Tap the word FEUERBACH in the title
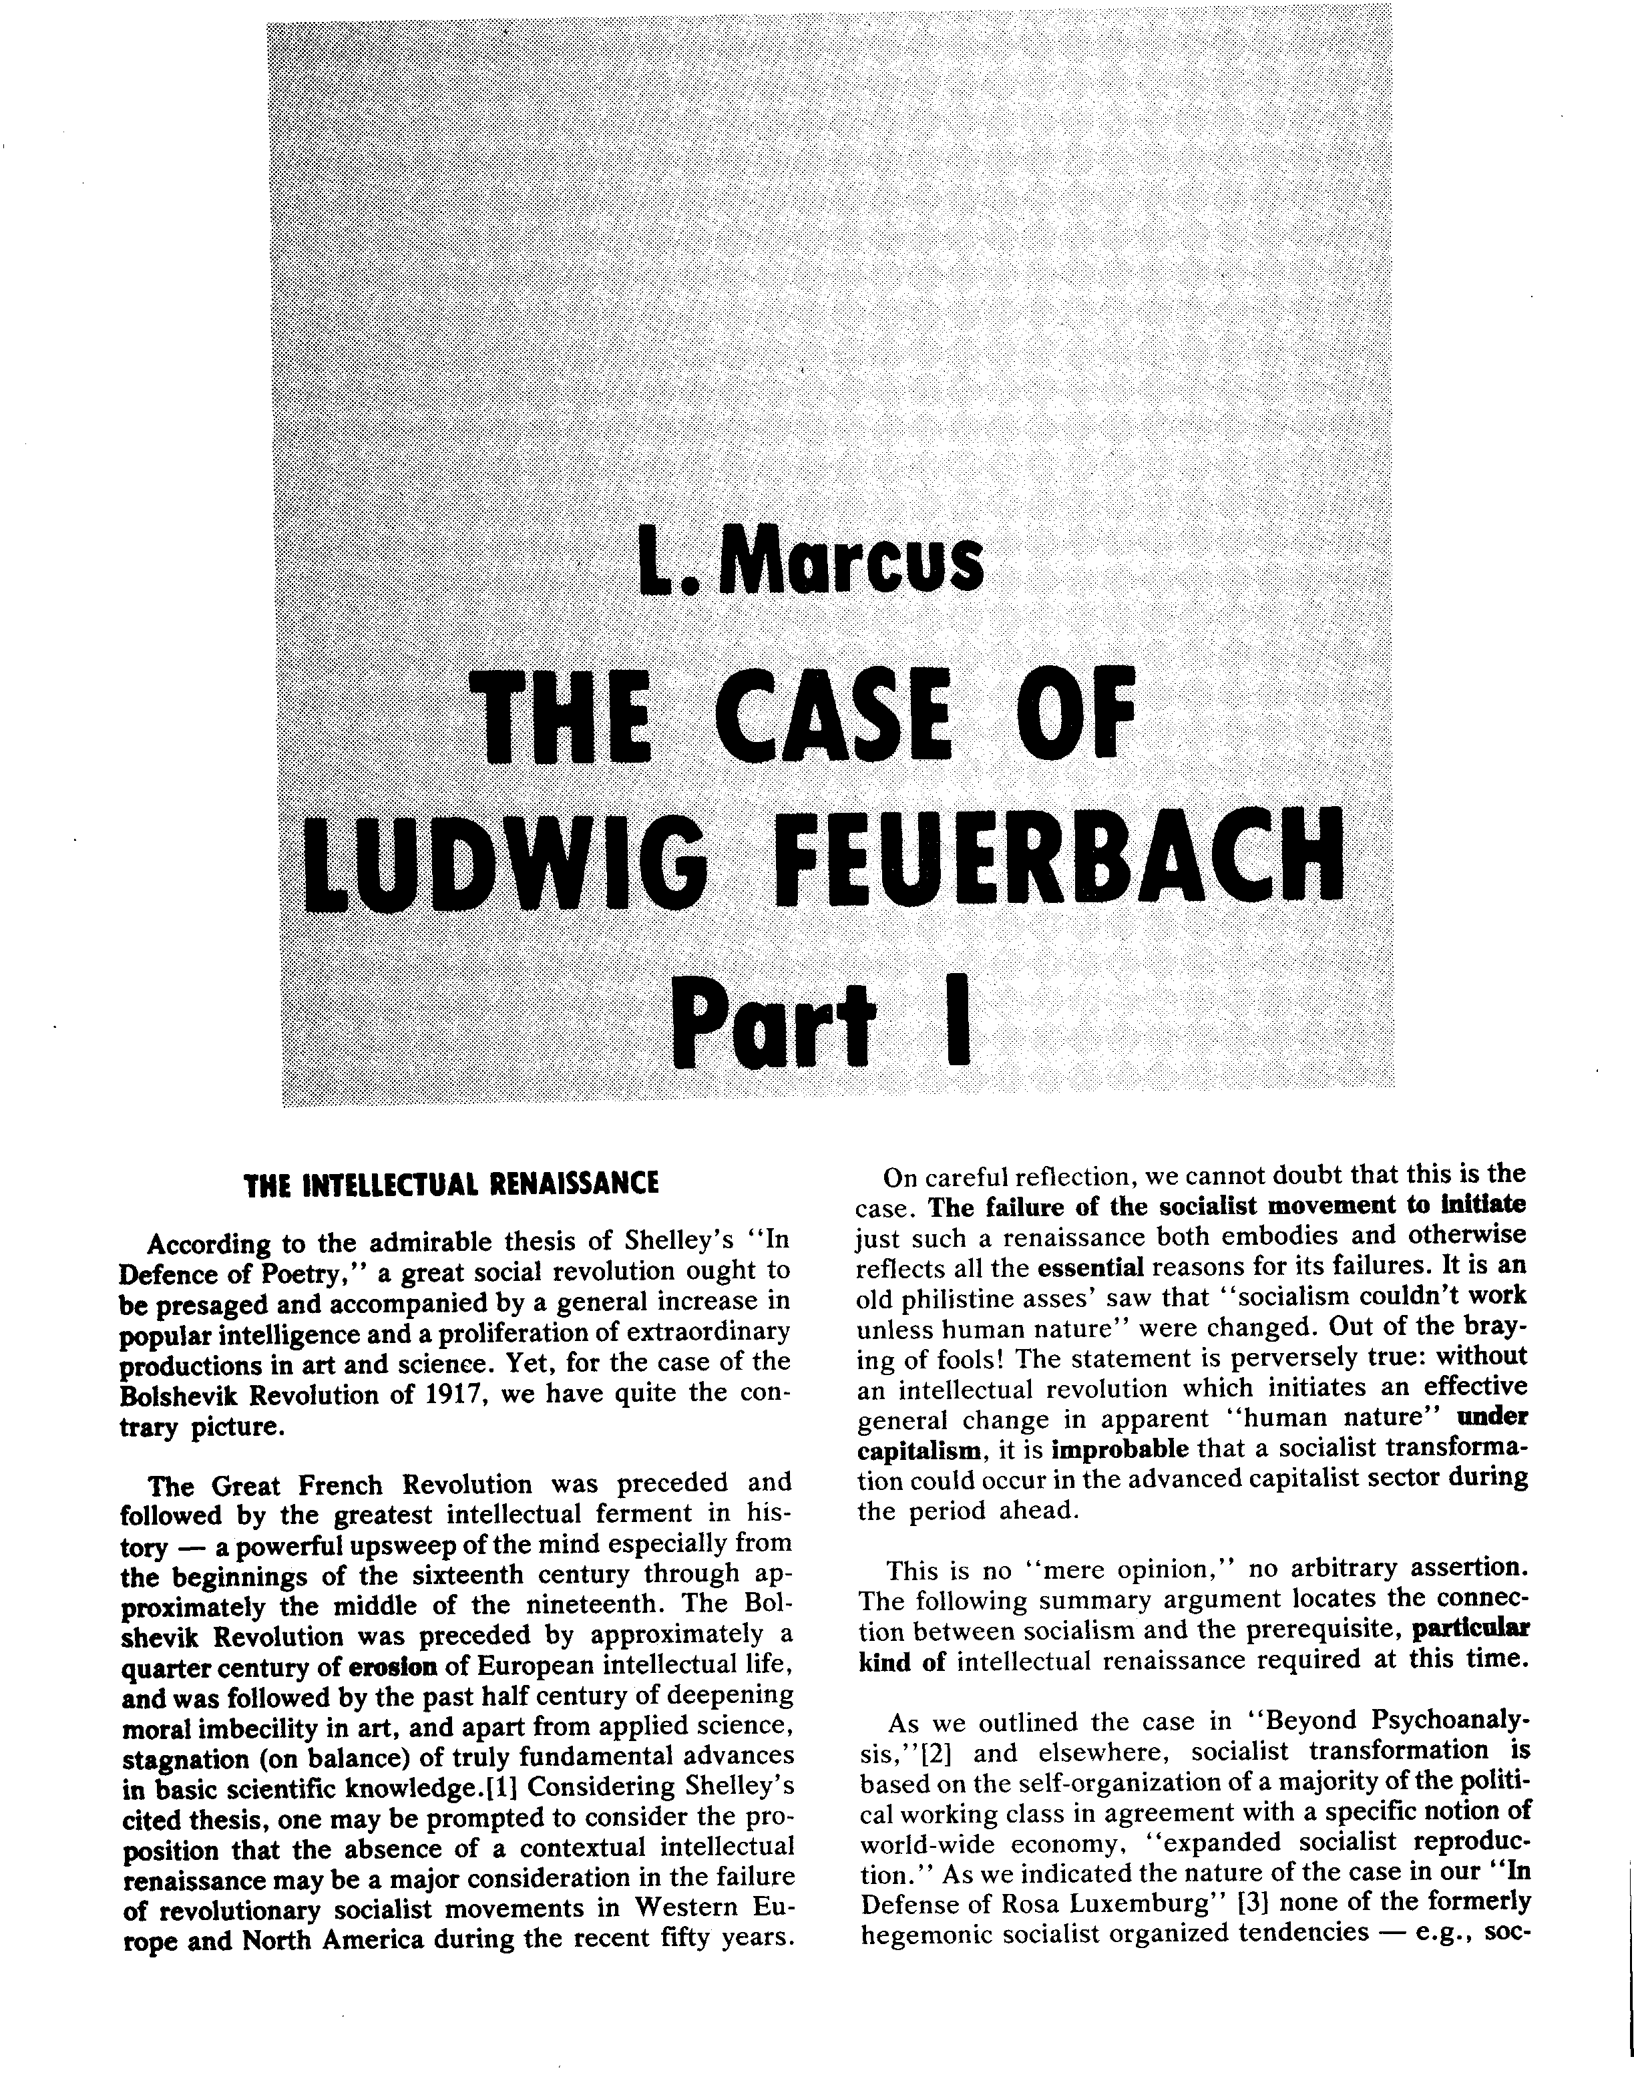[x=1059, y=860]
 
